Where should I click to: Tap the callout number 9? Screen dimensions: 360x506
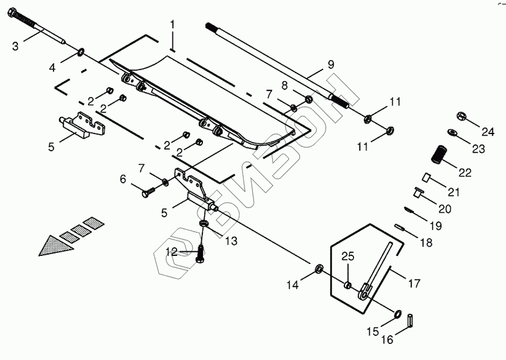pyautogui.click(x=330, y=64)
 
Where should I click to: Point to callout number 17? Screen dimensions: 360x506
pyautogui.click(x=415, y=284)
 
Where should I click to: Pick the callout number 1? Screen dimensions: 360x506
pyautogui.click(x=171, y=25)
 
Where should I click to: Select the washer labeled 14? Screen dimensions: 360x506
pyautogui.click(x=319, y=269)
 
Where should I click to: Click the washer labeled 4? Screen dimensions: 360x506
pyautogui.click(x=81, y=54)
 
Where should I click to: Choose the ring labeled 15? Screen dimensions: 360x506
pyautogui.click(x=397, y=313)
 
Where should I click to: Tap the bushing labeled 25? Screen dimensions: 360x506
pyautogui.click(x=347, y=286)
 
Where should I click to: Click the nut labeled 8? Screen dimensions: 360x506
pyautogui.click(x=308, y=99)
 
